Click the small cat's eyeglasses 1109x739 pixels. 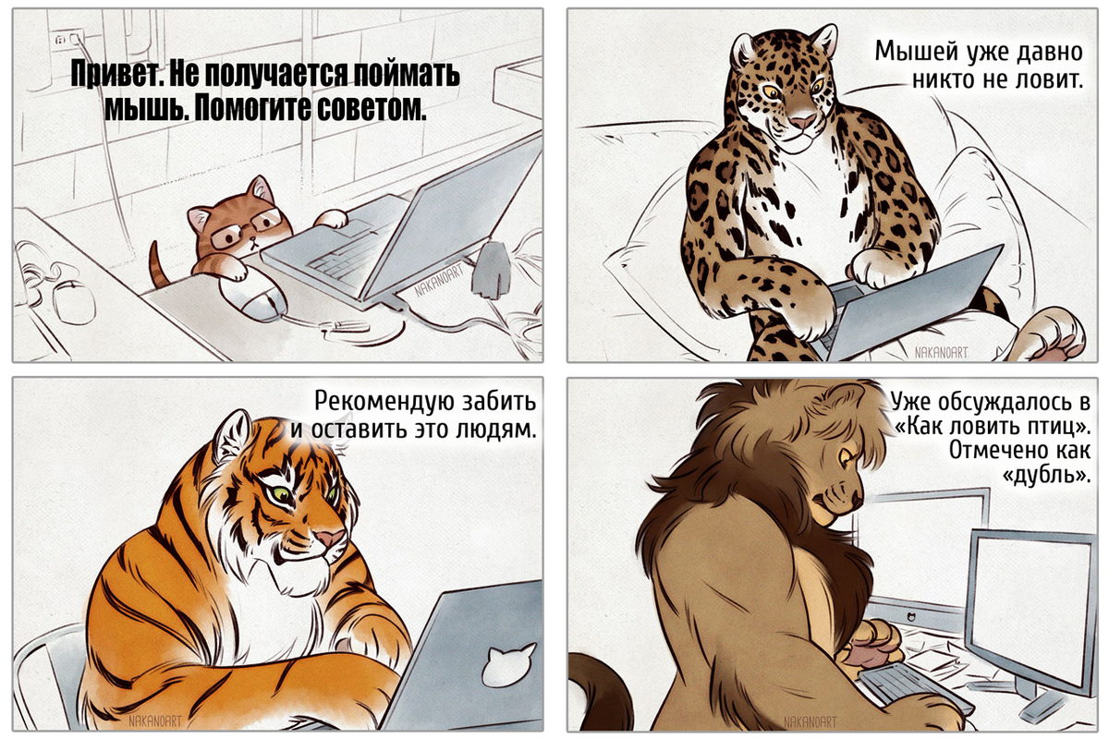click(246, 228)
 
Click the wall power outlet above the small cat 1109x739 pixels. click(67, 40)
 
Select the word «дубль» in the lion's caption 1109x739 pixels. click(1046, 476)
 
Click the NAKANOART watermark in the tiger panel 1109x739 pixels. click(155, 721)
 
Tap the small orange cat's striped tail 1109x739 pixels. click(159, 266)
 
